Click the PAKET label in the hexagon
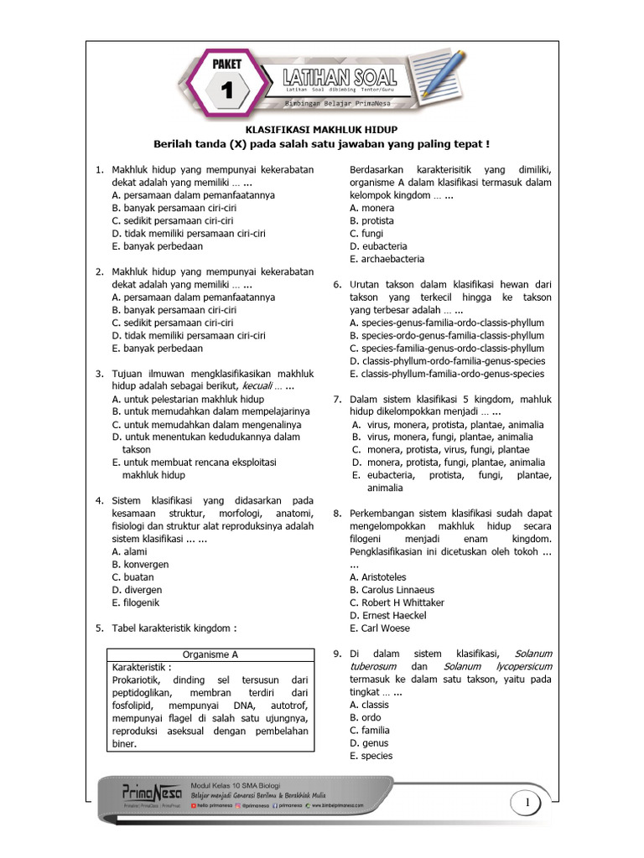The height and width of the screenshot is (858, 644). [x=227, y=64]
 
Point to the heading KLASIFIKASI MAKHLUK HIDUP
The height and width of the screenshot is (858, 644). [x=320, y=130]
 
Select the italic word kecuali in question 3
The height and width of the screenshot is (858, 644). [x=262, y=386]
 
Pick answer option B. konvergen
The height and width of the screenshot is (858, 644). [x=140, y=564]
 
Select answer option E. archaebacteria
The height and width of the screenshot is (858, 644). [x=387, y=259]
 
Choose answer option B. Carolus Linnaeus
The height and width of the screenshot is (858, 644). [x=392, y=590]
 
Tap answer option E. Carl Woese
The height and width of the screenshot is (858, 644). [x=380, y=628]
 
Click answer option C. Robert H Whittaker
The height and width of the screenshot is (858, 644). [x=397, y=602]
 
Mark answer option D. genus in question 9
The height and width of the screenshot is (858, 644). [x=369, y=742]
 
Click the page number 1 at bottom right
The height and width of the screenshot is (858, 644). [x=529, y=805]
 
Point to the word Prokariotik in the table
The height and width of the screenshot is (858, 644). [x=140, y=680]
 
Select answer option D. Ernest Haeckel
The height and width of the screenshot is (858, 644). [x=387, y=616]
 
